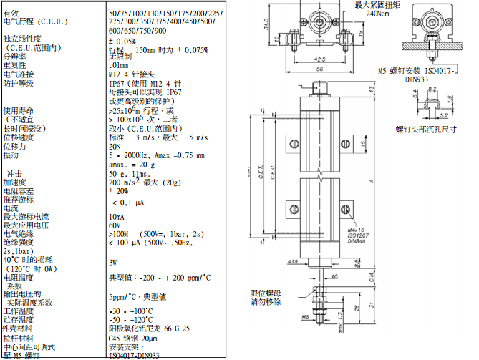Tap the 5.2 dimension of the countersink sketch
444,115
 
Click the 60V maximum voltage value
115,225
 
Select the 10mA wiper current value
116,216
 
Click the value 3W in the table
113,263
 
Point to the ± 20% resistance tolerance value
119,191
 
